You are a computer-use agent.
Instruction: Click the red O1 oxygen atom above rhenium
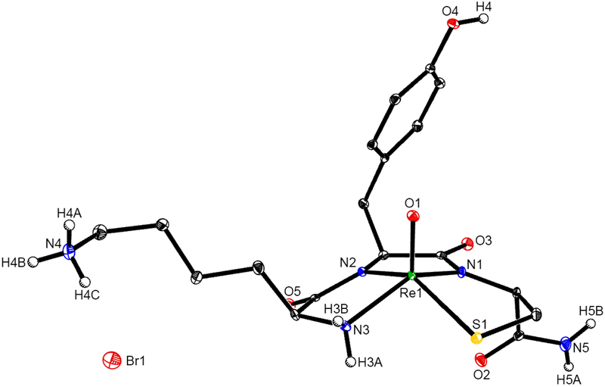413,217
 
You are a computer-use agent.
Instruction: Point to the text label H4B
16,263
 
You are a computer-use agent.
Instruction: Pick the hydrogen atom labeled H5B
591,324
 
